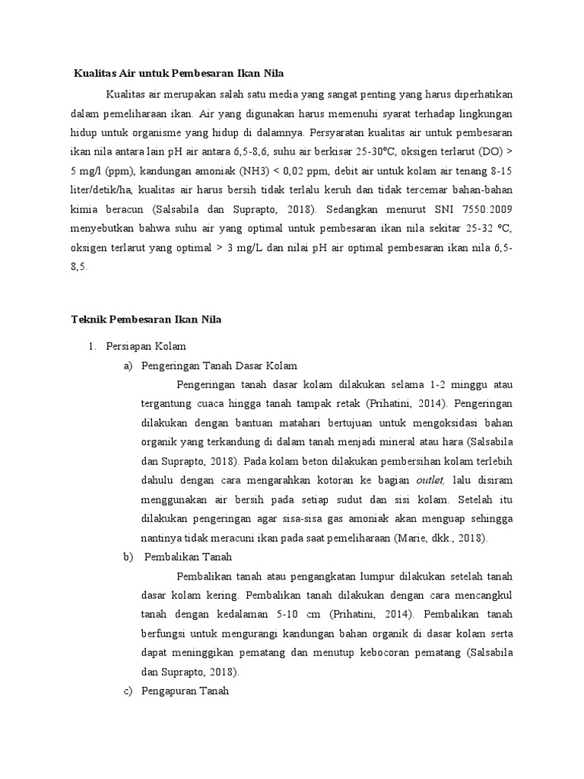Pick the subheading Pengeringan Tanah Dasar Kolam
[219, 365]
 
